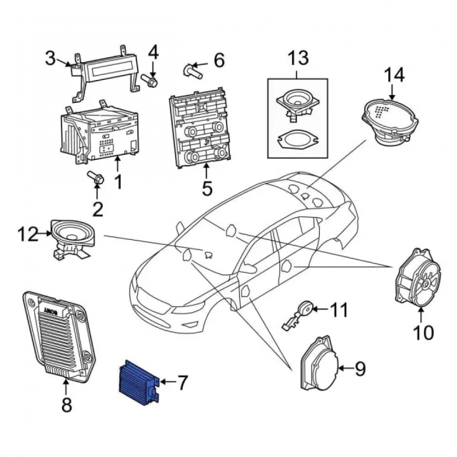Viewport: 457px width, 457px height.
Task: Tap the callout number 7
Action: (182, 383)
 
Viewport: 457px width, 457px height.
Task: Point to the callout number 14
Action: (394, 75)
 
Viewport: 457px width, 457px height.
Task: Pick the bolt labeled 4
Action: (149, 80)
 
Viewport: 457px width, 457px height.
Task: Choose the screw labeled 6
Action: (193, 71)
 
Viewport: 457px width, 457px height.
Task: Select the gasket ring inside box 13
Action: (297, 141)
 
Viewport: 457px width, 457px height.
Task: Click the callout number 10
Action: (423, 332)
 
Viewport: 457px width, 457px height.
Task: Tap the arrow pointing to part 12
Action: (45, 233)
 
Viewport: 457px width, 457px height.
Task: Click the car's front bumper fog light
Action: (191, 324)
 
